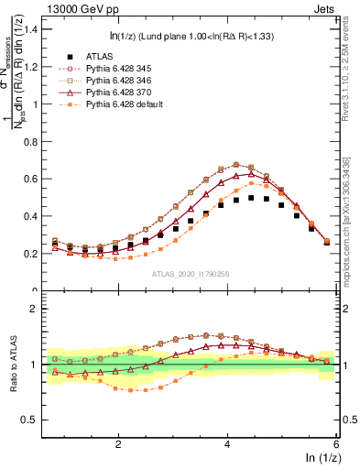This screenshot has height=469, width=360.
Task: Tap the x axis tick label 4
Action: click(x=227, y=442)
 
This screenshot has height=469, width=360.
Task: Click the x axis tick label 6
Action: click(x=336, y=442)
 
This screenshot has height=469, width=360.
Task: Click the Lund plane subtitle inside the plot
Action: click(x=196, y=36)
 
